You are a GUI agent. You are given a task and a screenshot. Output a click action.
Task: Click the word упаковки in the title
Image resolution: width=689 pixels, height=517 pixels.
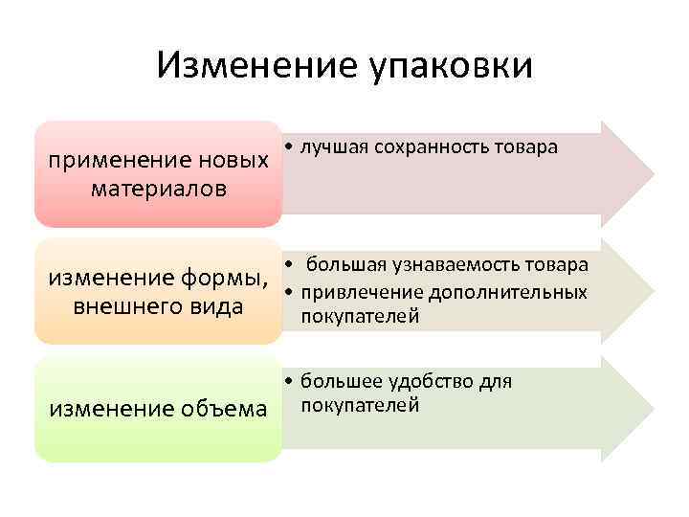pos(449,67)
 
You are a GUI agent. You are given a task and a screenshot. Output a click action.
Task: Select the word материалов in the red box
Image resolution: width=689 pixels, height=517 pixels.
pos(159,188)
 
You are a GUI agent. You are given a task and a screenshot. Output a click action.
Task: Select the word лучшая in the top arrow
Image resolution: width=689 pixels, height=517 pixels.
pos(327,147)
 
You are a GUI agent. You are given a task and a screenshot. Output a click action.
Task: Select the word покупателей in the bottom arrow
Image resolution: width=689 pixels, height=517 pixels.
pos(360,405)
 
